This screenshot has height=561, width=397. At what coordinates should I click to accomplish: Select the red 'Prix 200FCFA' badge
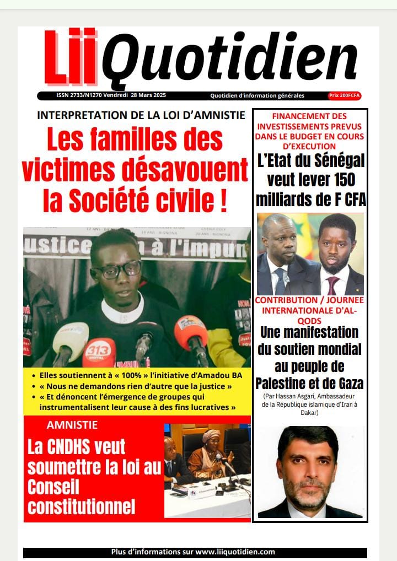coord(345,95)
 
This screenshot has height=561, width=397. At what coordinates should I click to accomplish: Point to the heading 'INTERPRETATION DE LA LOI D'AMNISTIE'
coord(141,115)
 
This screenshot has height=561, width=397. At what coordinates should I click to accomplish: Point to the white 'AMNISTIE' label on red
coord(72,425)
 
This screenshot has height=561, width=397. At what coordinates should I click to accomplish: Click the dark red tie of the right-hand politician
coord(333,285)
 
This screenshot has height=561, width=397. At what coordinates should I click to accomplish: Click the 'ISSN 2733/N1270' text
coord(78,95)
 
